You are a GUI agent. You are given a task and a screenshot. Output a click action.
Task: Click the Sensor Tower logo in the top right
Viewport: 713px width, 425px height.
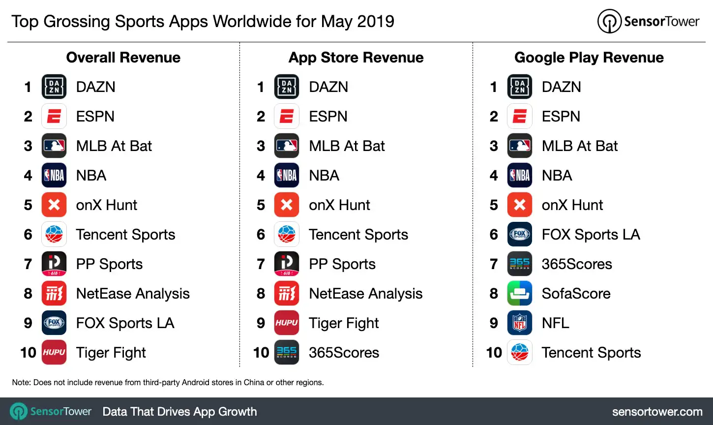tap(649, 21)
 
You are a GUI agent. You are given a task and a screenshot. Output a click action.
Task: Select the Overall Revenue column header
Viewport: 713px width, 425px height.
tap(123, 58)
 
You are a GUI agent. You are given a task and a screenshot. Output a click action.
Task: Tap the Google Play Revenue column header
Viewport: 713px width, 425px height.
tap(589, 58)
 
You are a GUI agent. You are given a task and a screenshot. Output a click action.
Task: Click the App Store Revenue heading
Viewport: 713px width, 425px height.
tap(356, 58)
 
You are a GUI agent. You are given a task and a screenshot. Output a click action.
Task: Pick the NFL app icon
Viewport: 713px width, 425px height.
tap(520, 323)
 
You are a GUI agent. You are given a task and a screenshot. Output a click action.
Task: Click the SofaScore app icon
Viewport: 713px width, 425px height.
tap(520, 293)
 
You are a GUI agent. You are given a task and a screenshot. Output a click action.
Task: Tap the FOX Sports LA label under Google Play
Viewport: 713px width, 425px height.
tap(591, 235)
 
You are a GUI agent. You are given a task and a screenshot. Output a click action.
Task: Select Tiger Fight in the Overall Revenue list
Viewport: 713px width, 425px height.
tap(111, 353)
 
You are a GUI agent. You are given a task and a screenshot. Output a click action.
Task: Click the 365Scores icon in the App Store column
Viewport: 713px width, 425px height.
tap(287, 352)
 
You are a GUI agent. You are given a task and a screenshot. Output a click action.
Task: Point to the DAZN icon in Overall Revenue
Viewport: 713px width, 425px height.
tap(54, 87)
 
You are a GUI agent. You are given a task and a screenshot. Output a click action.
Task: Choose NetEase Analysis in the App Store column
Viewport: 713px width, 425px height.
tap(365, 294)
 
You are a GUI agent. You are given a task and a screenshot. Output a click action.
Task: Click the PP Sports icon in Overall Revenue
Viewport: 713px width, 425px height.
tap(54, 264)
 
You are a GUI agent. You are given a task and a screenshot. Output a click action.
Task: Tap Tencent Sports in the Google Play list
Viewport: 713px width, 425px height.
tap(591, 353)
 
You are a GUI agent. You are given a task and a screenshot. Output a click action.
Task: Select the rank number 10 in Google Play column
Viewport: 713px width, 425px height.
tap(494, 353)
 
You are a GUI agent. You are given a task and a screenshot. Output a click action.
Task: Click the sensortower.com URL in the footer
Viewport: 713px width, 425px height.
tap(657, 412)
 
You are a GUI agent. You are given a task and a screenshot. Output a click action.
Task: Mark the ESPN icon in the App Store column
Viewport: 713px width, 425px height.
tap(287, 117)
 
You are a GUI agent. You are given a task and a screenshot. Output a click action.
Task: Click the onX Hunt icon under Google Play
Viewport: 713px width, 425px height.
tap(520, 205)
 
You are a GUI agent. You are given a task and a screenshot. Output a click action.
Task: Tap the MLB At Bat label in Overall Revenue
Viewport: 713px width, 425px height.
tap(114, 146)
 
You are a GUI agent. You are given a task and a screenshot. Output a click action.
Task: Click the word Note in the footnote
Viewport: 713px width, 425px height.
tap(21, 382)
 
